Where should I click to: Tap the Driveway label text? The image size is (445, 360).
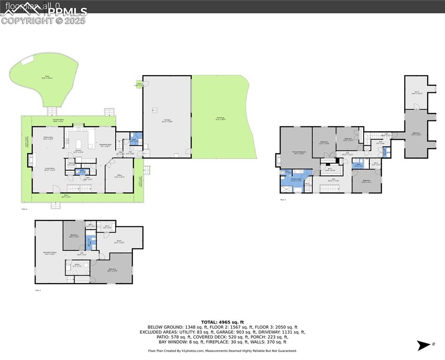[220, 119]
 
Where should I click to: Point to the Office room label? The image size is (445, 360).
[119, 176]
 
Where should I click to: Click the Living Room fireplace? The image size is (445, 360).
[32, 160]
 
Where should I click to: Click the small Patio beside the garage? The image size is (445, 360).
[139, 85]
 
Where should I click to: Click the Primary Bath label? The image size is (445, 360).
[296, 180]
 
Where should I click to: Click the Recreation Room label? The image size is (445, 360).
[49, 254]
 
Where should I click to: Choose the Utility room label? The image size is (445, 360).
[76, 266]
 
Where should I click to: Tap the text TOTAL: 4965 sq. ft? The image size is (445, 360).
[222, 322]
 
